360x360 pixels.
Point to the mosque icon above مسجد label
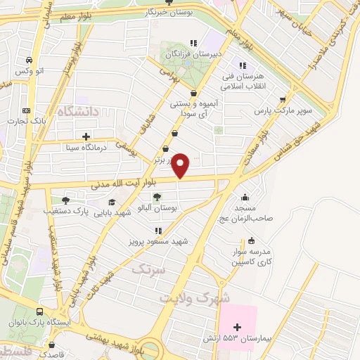tap(243, 198)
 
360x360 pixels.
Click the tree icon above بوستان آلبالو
tap(156, 197)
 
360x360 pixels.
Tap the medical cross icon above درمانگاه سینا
tap(86, 136)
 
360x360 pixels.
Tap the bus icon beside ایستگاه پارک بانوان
tap(40, 311)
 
